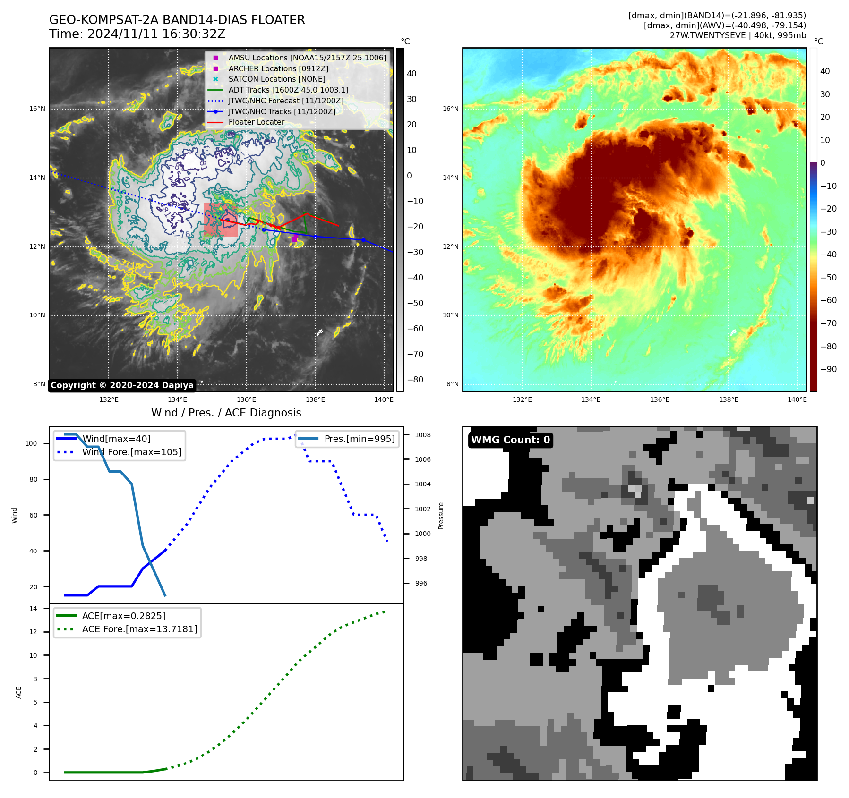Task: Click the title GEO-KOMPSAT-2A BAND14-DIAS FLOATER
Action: pos(177,20)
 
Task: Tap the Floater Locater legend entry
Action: pos(256,122)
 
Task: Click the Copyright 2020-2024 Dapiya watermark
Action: pos(122,385)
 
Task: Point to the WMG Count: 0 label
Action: pos(510,440)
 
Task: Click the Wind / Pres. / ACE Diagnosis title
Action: pos(226,413)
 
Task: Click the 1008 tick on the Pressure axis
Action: pos(423,435)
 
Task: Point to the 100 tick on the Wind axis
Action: pos(31,443)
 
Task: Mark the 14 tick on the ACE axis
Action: pos(33,609)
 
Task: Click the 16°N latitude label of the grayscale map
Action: pos(37,109)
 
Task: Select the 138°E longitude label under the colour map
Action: pos(729,399)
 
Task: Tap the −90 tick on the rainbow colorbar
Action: pos(828,369)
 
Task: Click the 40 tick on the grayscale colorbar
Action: pos(412,74)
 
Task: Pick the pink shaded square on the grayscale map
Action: pos(221,220)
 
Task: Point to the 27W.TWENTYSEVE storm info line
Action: pos(738,35)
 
